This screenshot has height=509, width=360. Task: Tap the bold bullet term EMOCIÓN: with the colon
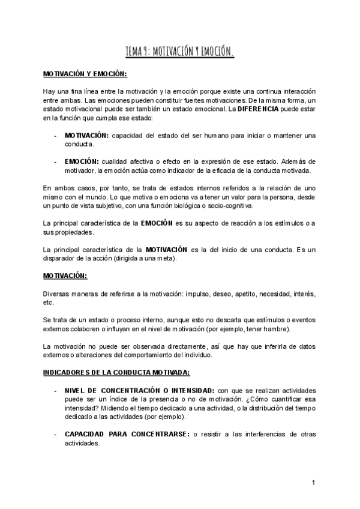[x=82, y=161]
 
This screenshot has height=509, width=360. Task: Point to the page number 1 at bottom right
[x=314, y=483]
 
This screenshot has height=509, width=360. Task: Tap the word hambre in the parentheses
[x=277, y=329]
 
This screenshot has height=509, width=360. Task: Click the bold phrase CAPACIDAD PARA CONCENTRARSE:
[x=116, y=433]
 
